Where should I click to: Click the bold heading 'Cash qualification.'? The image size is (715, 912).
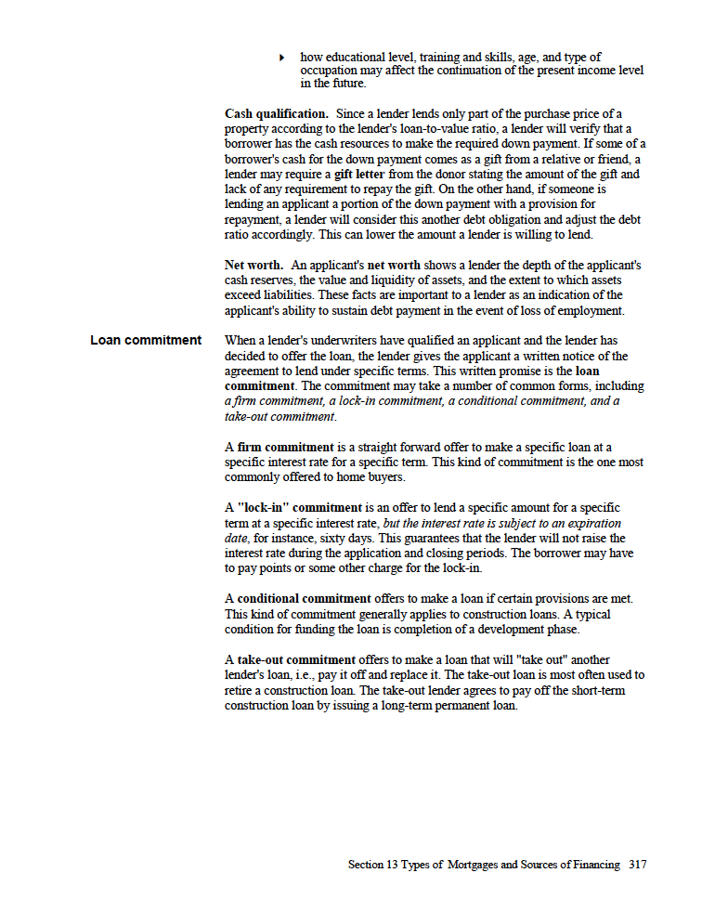276,113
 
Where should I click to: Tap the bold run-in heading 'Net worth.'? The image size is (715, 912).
253,265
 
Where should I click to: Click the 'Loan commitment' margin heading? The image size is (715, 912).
146,340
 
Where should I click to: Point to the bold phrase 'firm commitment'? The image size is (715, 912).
281,447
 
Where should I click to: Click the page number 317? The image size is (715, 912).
637,864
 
